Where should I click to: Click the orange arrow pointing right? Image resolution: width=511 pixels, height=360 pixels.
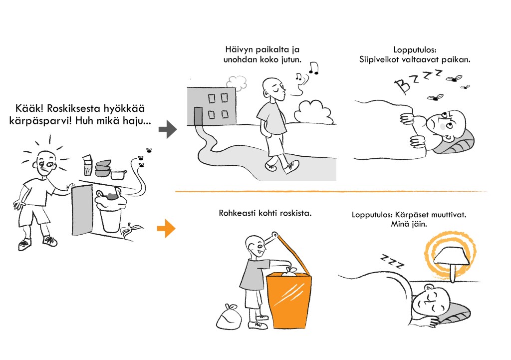[166, 229]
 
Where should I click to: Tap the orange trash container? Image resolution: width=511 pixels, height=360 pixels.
[290, 300]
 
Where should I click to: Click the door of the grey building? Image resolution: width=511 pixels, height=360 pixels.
[198, 116]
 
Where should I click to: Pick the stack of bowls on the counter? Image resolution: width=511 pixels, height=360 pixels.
[103, 168]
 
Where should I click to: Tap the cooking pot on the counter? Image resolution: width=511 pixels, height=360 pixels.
[118, 174]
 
